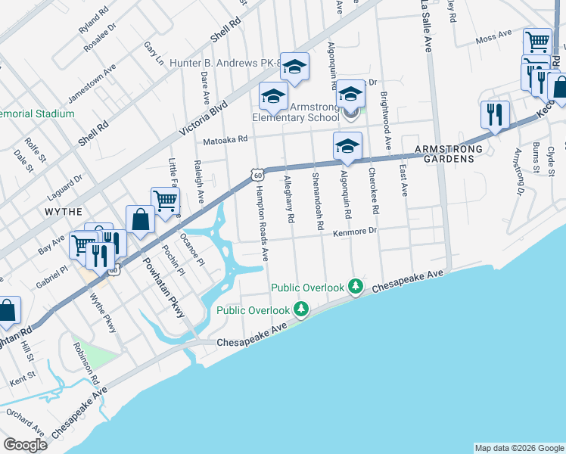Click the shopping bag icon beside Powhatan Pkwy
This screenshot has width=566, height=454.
tap(141, 220)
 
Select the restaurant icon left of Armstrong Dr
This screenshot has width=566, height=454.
tap(495, 115)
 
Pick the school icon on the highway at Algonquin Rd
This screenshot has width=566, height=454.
tap(347, 146)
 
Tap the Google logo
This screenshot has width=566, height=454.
tap(25, 445)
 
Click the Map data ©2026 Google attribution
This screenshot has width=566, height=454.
tap(518, 448)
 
